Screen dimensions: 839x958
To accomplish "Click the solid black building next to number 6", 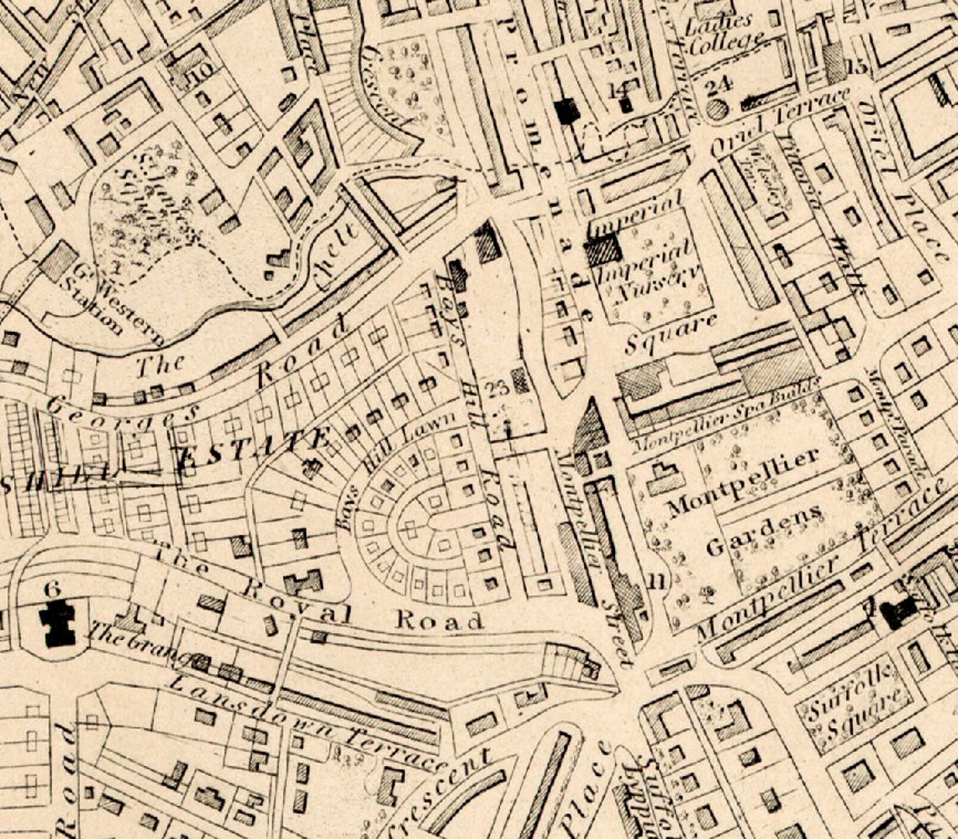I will click(57, 623).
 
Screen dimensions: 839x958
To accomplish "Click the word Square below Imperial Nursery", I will click(672, 333).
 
